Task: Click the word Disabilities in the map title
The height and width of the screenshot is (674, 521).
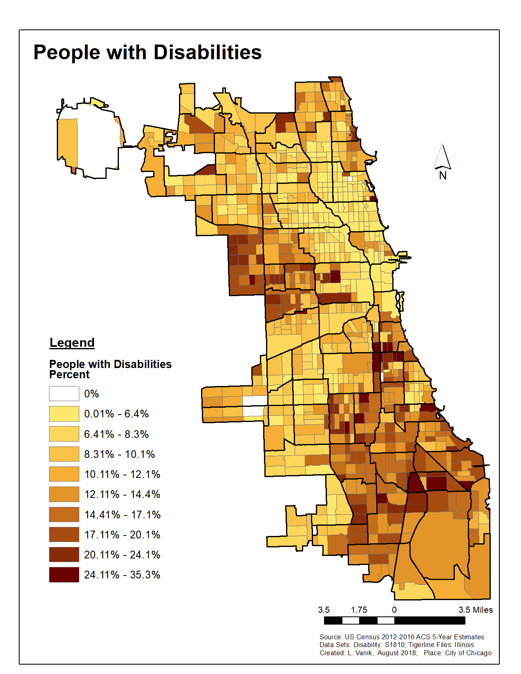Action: click(x=207, y=52)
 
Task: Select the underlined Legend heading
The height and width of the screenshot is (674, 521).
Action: click(x=72, y=342)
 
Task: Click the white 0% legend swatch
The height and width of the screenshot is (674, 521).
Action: click(x=64, y=394)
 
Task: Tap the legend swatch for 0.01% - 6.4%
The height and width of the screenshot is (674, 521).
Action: click(x=64, y=414)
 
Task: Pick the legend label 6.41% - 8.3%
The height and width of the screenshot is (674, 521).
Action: click(x=116, y=434)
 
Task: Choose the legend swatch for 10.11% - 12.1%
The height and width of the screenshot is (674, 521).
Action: click(x=64, y=474)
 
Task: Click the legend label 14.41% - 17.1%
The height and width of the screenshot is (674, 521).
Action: click(x=122, y=515)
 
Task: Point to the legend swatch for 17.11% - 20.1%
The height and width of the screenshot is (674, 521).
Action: click(x=64, y=535)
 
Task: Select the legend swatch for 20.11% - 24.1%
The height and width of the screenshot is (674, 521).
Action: click(x=64, y=555)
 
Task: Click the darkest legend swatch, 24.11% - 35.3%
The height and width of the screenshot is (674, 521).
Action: click(x=64, y=575)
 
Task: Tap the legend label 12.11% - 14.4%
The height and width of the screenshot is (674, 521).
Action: click(x=122, y=495)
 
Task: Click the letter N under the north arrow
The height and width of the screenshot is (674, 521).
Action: click(x=443, y=176)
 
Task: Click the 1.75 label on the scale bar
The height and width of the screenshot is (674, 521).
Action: click(x=359, y=610)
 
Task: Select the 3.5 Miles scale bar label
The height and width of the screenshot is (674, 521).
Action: click(x=476, y=610)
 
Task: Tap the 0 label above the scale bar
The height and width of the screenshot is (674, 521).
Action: click(x=394, y=610)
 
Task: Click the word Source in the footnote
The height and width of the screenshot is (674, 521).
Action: click(x=331, y=637)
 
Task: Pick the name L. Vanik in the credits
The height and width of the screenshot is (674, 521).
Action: click(x=360, y=653)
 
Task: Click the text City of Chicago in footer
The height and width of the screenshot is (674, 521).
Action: click(x=468, y=653)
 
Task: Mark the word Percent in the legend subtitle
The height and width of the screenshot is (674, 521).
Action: click(x=69, y=375)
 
